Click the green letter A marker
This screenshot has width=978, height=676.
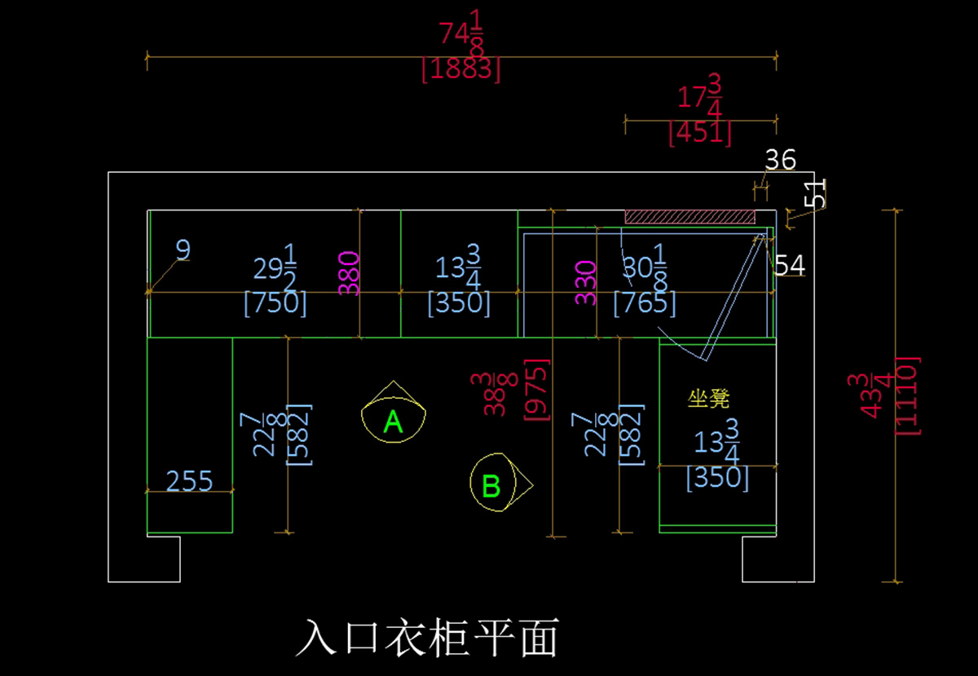point(394,422)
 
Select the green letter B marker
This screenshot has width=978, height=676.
point(491,486)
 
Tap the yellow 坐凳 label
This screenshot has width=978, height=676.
point(708,399)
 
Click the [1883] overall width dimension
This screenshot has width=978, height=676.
point(460,70)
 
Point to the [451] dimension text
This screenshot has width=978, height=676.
point(699,132)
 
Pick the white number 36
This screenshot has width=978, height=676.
point(780,160)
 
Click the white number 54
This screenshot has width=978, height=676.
point(790,265)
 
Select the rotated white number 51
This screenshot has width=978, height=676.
point(816,193)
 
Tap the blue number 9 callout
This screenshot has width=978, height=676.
point(183,250)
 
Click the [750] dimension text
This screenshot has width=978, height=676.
point(275,303)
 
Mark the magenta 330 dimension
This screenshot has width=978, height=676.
point(585,282)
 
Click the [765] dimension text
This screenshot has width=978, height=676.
point(644,303)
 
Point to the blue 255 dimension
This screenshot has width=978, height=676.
point(190,480)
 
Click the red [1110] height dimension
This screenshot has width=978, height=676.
point(907,395)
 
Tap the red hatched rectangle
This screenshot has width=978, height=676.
point(689,216)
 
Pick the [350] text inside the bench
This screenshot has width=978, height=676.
point(717,477)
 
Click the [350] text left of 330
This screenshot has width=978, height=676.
point(459,303)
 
